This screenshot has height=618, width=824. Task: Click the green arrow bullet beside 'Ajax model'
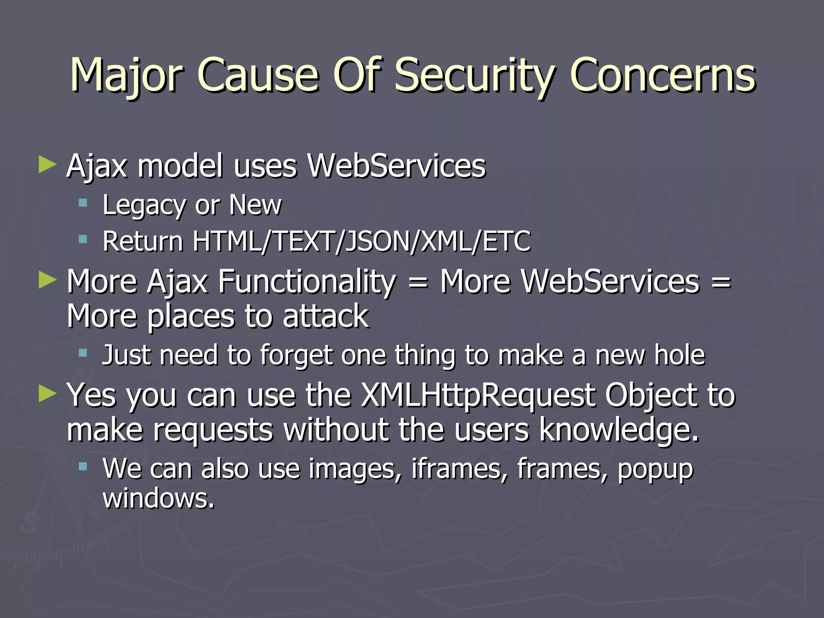tap(47, 165)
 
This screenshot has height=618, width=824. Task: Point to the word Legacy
tap(144, 205)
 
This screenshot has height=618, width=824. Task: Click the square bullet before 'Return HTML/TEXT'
tap(83, 240)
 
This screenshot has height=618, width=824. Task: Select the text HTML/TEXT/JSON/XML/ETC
tap(361, 241)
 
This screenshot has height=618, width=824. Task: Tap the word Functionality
tap(307, 281)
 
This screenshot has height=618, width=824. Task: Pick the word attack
tap(325, 316)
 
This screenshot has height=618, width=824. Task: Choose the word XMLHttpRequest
tap(477, 396)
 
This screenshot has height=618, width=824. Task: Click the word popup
tap(655, 470)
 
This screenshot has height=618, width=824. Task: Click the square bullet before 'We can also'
tap(83, 466)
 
